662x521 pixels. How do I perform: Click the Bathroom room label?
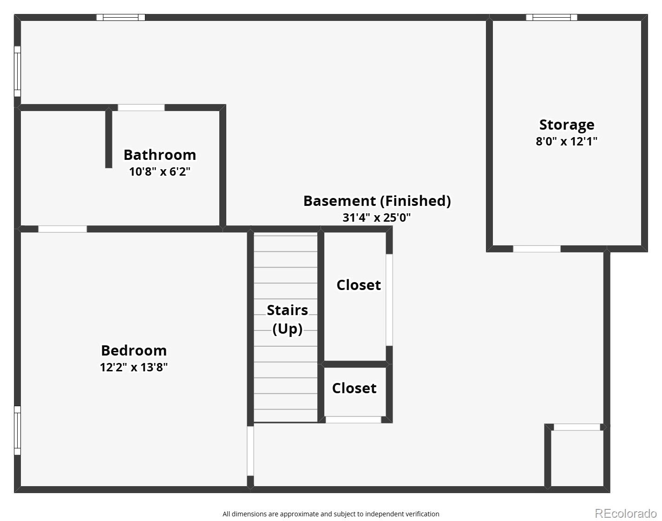point(159,155)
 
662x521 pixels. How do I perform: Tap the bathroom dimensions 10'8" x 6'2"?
point(159,171)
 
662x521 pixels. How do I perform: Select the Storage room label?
point(566,125)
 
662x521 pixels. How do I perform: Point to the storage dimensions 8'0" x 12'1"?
point(566,141)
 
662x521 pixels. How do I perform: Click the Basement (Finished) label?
point(377,201)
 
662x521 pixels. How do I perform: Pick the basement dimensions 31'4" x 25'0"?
point(377,218)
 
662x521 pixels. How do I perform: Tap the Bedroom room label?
point(134,350)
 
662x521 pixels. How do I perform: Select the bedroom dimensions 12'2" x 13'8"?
point(134,367)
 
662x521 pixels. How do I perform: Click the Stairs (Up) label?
point(287,319)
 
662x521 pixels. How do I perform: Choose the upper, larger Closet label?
point(358,285)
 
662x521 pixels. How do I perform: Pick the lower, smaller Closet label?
point(354,388)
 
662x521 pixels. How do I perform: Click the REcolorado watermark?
point(625,513)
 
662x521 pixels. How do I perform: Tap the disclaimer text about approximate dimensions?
point(331,514)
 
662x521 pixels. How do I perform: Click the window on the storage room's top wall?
point(551,18)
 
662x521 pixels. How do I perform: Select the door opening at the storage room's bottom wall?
point(537,249)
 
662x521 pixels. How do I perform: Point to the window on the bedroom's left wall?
point(17,430)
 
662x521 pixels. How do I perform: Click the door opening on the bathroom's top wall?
point(141,108)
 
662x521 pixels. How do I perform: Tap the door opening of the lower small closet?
point(353,420)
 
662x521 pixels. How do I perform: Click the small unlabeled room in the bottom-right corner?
point(577,458)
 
